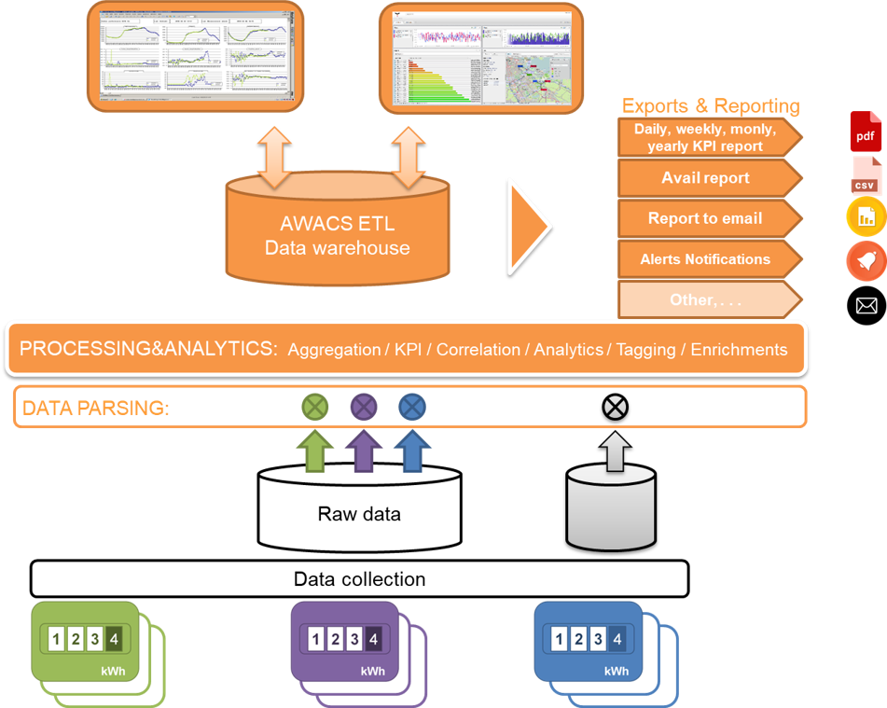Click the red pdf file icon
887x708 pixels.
point(866,132)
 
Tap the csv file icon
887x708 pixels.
point(866,175)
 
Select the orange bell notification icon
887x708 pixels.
point(866,261)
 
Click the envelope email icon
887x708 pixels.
point(866,305)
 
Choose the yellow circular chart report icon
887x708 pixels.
point(866,217)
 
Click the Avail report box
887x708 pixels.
point(706,178)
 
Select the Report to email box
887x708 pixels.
point(706,218)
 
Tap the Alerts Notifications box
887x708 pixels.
point(706,259)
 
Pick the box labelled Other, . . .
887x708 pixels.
point(706,300)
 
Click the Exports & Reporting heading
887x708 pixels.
point(711,105)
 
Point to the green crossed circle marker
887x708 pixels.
point(315,407)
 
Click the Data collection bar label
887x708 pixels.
point(359,579)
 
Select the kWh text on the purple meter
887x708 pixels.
point(371,672)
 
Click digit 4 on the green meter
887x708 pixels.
point(114,639)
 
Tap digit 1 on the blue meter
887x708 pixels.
point(559,639)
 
